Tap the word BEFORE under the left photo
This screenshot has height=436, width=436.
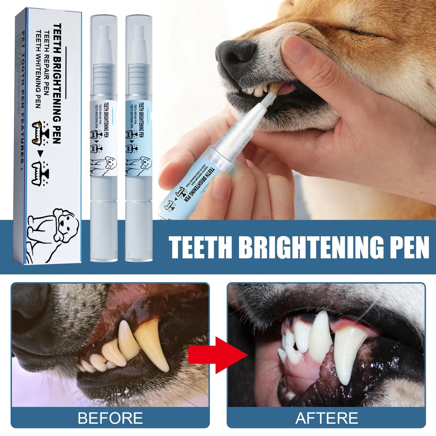[110, 418]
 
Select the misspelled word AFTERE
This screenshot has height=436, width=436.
[326, 418]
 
